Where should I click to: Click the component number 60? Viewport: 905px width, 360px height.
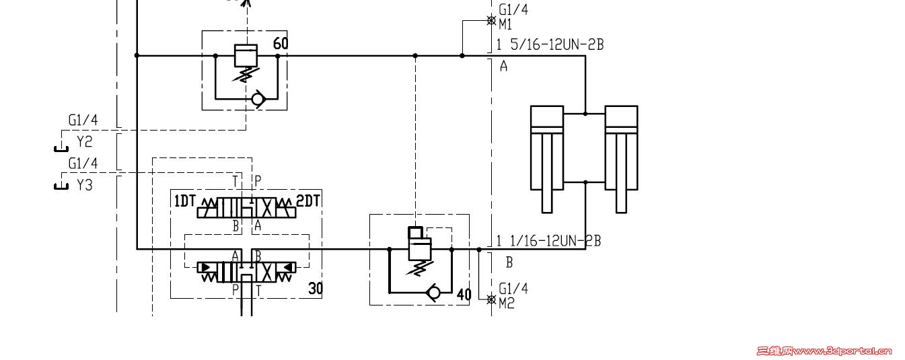tap(281, 44)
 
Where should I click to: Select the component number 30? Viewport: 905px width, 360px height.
tap(316, 289)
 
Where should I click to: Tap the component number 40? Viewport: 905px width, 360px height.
tap(464, 295)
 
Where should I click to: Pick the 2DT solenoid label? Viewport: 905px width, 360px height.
tap(309, 201)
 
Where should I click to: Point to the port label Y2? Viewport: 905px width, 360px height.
tap(84, 142)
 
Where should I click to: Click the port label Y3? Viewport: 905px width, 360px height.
tap(84, 184)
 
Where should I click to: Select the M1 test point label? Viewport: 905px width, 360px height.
tap(506, 25)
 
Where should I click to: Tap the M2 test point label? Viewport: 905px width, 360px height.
tap(507, 303)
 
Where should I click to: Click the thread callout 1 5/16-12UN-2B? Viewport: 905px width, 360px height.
tap(550, 45)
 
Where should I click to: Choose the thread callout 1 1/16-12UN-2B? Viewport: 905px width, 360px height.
tap(548, 241)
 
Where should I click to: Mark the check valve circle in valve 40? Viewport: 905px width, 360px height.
tap(434, 293)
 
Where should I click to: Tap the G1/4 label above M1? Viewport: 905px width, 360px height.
tap(513, 10)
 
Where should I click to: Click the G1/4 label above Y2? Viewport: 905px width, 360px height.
tap(83, 120)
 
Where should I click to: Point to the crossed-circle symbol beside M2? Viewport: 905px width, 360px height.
tap(491, 299)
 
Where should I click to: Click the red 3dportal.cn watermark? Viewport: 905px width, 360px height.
tap(824, 351)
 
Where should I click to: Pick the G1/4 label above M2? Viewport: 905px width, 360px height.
tap(513, 289)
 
